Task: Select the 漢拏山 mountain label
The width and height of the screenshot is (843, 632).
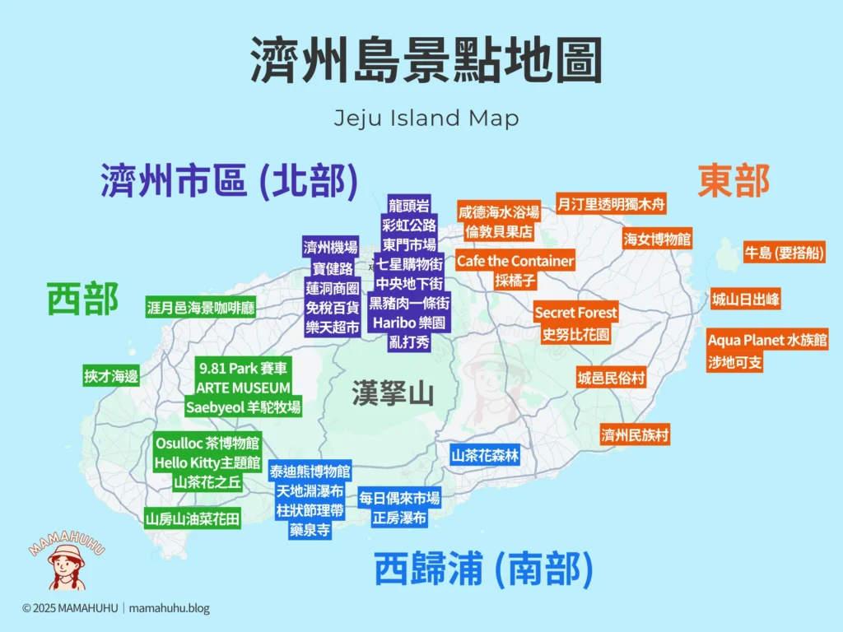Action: (x=393, y=393)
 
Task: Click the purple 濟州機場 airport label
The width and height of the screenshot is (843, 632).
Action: (x=330, y=248)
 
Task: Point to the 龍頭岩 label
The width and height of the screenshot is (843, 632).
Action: (x=408, y=205)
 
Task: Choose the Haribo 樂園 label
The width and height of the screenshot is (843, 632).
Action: (x=408, y=323)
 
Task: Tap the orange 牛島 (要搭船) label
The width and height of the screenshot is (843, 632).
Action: (x=783, y=253)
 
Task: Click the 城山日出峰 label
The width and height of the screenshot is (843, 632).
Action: (x=745, y=300)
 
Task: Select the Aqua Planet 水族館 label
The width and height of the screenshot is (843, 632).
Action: (x=767, y=340)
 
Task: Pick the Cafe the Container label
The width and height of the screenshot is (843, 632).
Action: (x=515, y=261)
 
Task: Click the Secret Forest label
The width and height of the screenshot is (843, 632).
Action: (x=575, y=313)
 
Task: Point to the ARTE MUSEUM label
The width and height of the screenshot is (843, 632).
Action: (x=243, y=387)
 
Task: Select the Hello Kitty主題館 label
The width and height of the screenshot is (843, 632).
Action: (x=207, y=462)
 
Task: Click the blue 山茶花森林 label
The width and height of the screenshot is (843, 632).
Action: (x=485, y=454)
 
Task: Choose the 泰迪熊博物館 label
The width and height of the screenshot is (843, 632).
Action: (x=310, y=472)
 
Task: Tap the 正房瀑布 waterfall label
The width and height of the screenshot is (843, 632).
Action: (x=399, y=518)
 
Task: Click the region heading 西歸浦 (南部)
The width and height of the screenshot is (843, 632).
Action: (x=483, y=569)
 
